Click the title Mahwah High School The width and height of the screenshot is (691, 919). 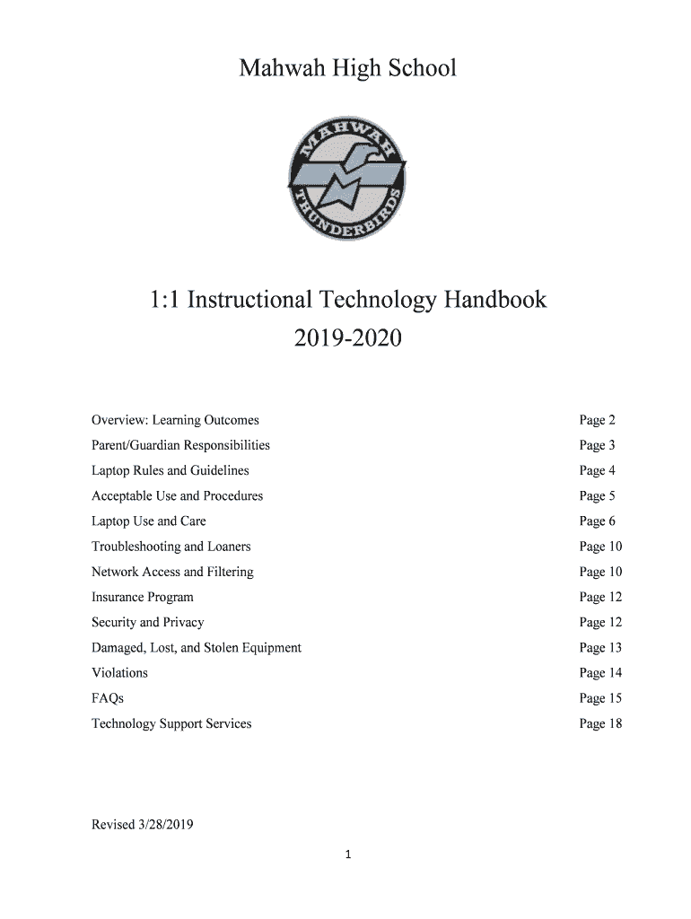tap(346, 68)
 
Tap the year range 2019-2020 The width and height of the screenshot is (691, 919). tap(346, 340)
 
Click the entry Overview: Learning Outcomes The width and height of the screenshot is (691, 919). tap(175, 420)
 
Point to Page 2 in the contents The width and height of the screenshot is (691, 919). tap(597, 420)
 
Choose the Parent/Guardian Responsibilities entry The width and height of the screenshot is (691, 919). tap(180, 445)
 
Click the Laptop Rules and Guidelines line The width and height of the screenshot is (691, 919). tap(170, 470)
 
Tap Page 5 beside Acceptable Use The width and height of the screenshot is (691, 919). tap(597, 495)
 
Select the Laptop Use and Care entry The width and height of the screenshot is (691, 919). tap(148, 521)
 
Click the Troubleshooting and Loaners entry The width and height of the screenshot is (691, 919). tap(171, 547)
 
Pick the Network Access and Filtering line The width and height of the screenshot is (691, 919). tap(172, 572)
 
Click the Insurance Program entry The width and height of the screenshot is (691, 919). tap(142, 597)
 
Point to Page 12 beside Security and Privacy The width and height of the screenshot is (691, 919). tap(600, 622)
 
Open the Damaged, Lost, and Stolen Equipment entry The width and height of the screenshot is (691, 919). tap(196, 647)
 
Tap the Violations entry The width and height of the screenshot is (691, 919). tap(119, 672)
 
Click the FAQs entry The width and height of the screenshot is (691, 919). tap(107, 698)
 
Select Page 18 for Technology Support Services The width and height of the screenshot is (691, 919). tap(600, 723)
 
